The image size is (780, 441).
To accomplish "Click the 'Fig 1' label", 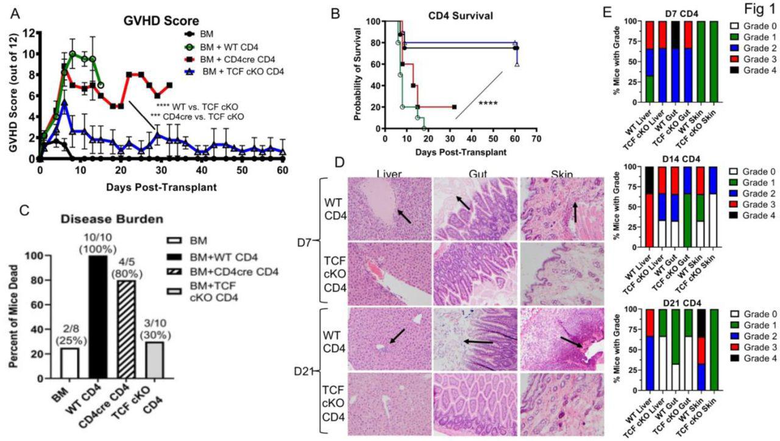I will (x=754, y=13).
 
